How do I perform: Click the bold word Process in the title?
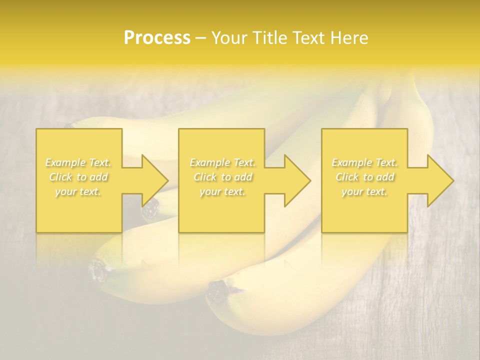(x=157, y=38)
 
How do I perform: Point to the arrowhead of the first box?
(x=154, y=180)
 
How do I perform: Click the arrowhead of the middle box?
(x=297, y=180)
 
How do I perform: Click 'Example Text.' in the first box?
(x=78, y=162)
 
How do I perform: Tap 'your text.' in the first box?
(x=78, y=191)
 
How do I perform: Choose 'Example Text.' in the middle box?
(x=222, y=162)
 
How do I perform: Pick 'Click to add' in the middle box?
(x=222, y=177)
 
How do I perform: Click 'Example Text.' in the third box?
(x=364, y=162)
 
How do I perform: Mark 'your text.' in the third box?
(x=364, y=191)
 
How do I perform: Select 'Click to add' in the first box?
(x=78, y=177)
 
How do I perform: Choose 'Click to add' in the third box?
(x=364, y=177)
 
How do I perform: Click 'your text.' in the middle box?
(x=222, y=191)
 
